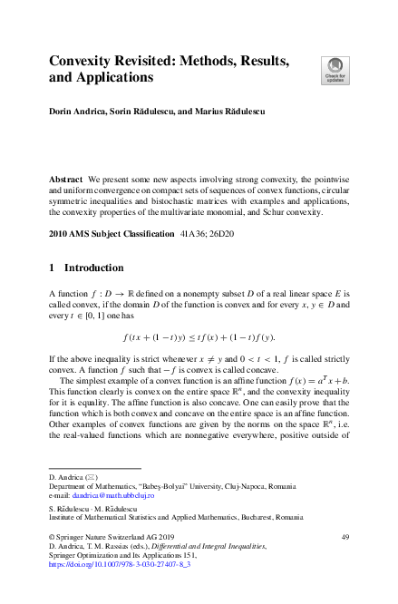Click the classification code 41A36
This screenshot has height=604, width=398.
[x=189, y=234]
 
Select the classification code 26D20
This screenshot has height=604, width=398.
[x=220, y=234]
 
